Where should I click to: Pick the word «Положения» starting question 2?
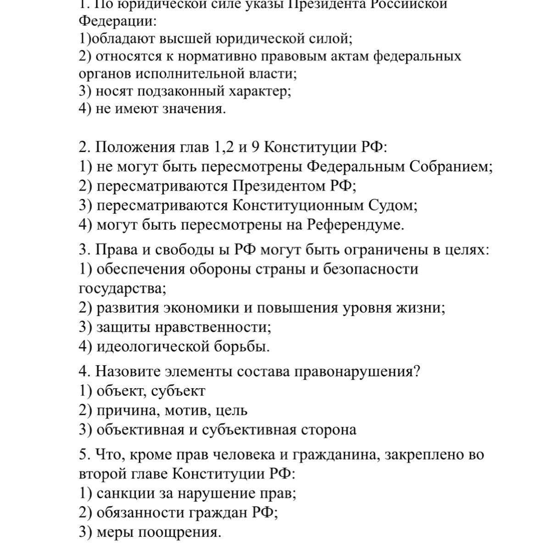click(x=133, y=148)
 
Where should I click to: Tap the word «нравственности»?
click(x=212, y=327)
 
